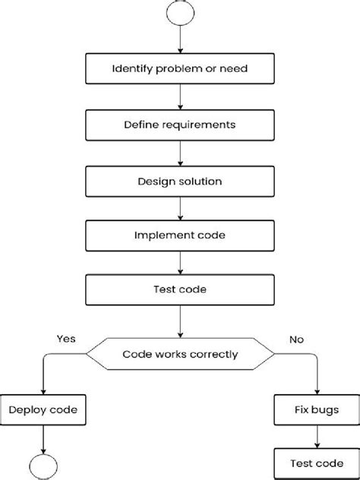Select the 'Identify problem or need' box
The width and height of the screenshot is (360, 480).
tap(179, 69)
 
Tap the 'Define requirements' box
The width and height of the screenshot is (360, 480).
tap(179, 124)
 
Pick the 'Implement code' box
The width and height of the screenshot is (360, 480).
tap(179, 235)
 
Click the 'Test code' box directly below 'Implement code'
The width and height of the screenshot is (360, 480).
tap(179, 289)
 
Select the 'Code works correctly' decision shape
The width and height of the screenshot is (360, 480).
tap(179, 353)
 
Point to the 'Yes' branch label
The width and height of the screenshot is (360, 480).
tap(65, 339)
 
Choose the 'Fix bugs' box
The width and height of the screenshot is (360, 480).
tap(316, 409)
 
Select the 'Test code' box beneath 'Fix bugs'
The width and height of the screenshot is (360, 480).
tap(316, 463)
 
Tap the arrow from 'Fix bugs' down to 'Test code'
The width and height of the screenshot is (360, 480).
tap(316, 436)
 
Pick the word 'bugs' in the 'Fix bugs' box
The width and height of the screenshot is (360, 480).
tap(326, 409)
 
